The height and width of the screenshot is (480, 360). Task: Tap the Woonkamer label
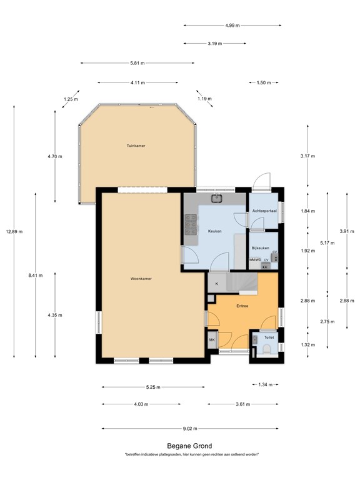coord(141,279)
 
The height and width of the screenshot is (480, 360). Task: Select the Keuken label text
coord(215,231)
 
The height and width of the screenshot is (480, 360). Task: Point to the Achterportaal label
coord(264,211)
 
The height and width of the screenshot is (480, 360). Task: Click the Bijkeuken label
coord(260,248)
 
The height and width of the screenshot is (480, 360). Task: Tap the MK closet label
coord(212,340)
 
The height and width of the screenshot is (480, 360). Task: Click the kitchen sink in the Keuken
coord(217,199)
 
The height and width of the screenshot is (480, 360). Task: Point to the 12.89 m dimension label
coord(15,232)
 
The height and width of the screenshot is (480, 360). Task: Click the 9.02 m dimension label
coord(190,429)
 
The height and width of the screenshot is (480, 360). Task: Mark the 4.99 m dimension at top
coord(232,26)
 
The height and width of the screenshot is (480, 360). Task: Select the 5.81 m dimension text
coord(137,63)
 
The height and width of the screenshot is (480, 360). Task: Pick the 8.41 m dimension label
coord(36,276)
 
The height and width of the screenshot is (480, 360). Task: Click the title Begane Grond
coord(189,446)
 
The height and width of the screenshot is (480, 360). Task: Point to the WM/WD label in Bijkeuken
coord(255,259)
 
